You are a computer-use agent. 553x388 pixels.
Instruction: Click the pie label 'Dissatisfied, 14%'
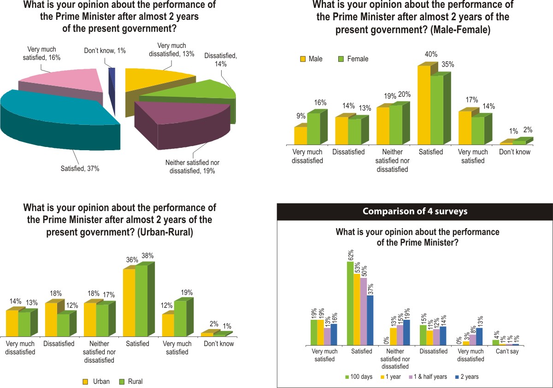(x=220, y=60)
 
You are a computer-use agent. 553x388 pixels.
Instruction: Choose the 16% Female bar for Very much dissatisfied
(x=313, y=129)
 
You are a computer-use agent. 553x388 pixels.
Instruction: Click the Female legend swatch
(x=341, y=59)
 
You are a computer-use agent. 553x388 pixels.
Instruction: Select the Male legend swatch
(x=303, y=59)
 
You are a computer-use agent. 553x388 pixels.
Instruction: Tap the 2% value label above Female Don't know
(x=527, y=130)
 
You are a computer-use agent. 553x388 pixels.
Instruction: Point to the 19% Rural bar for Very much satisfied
(x=181, y=318)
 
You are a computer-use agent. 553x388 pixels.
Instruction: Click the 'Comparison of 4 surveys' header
(x=415, y=212)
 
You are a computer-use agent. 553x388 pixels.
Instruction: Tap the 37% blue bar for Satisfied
(x=370, y=320)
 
